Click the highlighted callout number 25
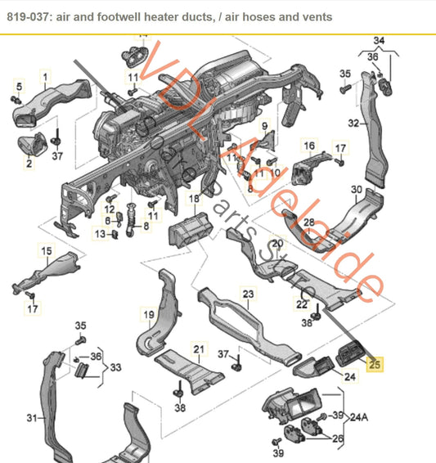375,365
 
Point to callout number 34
378,40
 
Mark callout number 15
47,250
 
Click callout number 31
32,418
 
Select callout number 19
149,313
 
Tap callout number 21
196,350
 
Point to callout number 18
194,199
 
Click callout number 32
353,124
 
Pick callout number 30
357,190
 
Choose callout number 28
308,223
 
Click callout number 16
309,146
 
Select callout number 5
20,85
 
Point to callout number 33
117,367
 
